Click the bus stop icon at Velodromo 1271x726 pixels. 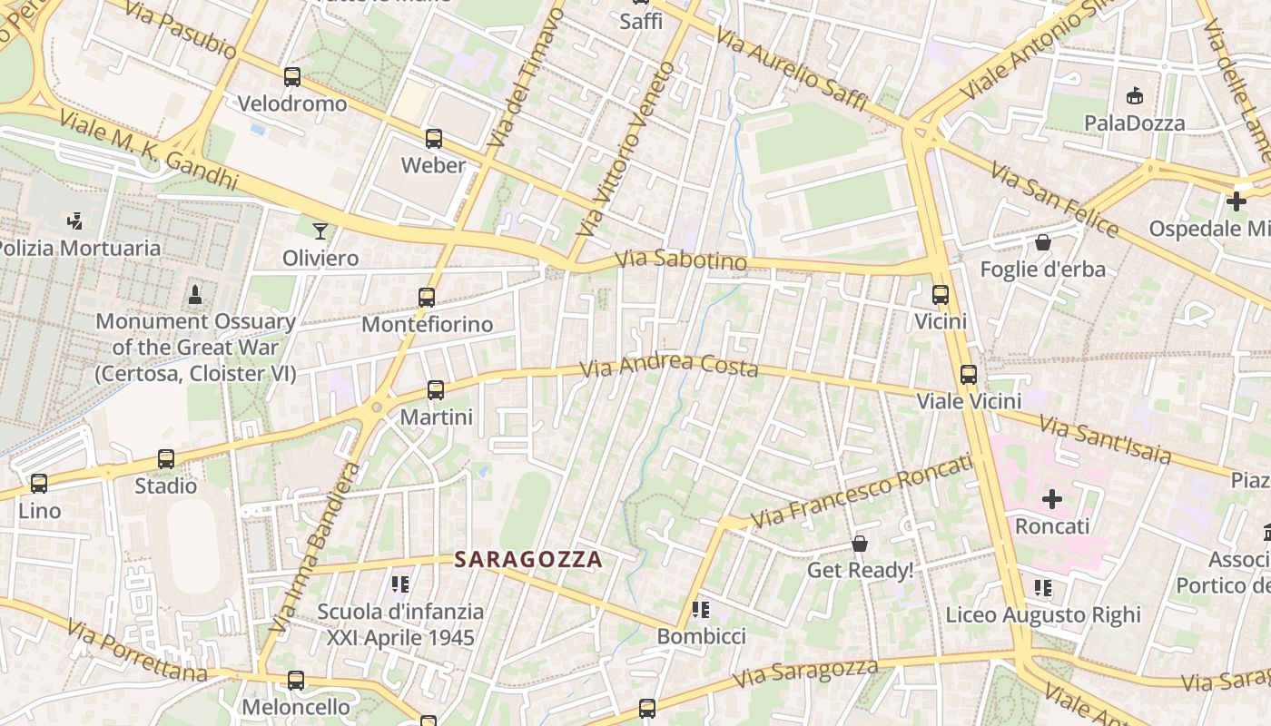(291, 77)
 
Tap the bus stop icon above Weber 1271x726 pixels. (434, 139)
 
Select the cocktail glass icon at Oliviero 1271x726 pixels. (320, 231)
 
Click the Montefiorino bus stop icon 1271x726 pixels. (427, 298)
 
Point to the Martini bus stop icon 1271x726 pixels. (436, 390)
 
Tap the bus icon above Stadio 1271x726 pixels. (165, 459)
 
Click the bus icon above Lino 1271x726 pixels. (39, 484)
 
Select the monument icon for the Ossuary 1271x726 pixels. (194, 294)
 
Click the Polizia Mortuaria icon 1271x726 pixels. (75, 221)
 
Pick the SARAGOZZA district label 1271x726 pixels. (528, 560)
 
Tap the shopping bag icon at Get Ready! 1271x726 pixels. (859, 544)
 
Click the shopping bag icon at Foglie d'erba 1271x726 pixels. (1042, 242)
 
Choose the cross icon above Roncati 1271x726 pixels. (1052, 499)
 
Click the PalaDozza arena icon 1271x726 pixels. (1134, 95)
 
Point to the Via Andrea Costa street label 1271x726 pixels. (669, 365)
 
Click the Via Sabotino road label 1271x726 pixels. (681, 261)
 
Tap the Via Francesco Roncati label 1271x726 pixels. (862, 491)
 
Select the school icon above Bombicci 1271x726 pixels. (700, 609)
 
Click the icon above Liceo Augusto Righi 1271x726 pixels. (1043, 588)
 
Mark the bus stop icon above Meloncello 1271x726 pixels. (296, 680)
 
